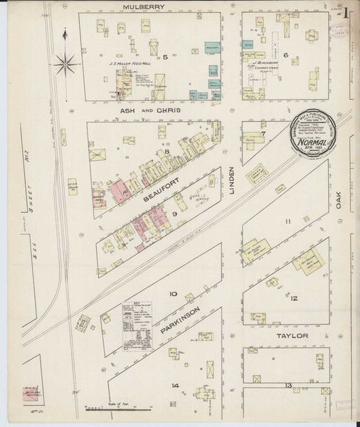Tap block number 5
[164, 56]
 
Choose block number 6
[285, 55]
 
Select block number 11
[288, 222]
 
